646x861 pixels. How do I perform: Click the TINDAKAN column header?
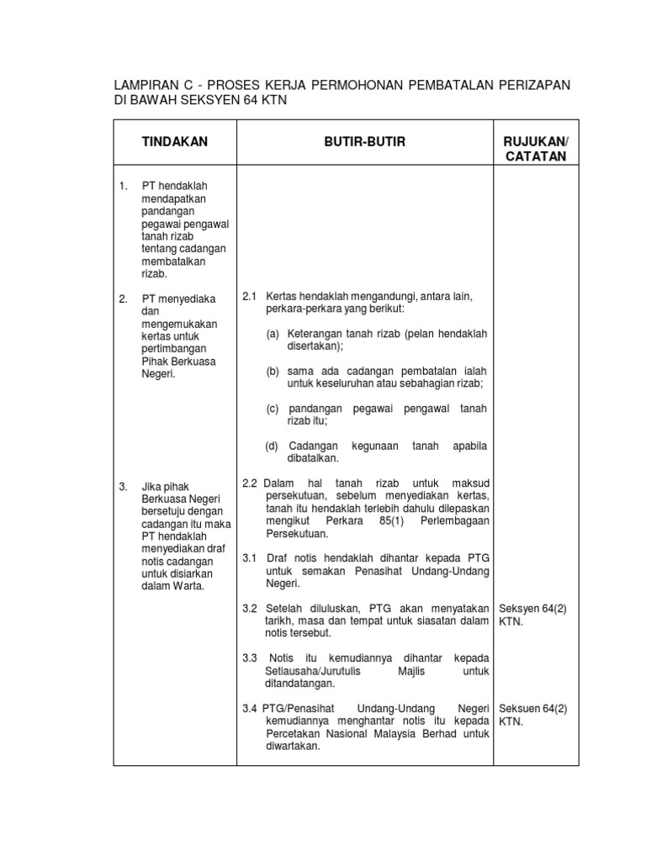point(175,142)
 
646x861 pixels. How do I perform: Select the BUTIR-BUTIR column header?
point(364,142)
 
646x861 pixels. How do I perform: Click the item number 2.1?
point(250,298)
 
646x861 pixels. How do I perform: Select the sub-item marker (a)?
point(273,334)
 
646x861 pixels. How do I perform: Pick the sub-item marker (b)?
point(273,371)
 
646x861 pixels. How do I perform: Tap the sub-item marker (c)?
point(273,408)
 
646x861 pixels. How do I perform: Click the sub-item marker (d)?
point(273,445)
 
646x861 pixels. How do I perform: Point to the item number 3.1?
point(250,558)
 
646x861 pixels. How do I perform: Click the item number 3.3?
point(250,658)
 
